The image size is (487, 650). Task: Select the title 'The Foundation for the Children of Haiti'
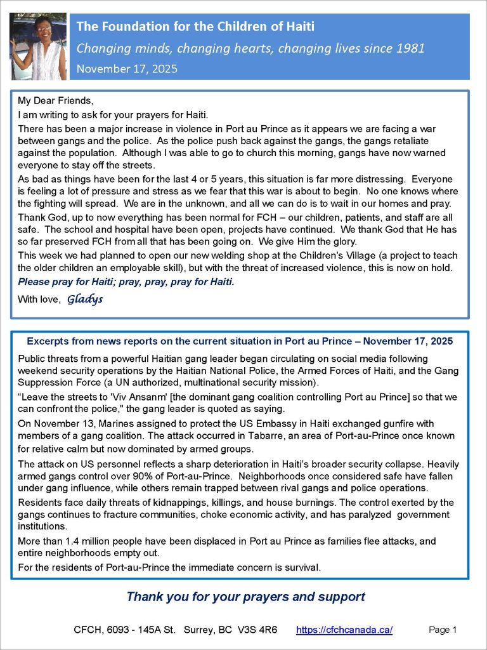pos(195,27)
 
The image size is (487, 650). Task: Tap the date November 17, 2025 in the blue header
pos(127,68)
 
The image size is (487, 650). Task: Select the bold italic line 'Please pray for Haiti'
pos(126,281)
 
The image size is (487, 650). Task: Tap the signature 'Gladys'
pos(85,300)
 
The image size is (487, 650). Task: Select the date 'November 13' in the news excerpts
pos(58,424)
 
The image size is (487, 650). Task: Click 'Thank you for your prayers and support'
pos(245,597)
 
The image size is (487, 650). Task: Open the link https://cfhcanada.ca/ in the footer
pos(344,630)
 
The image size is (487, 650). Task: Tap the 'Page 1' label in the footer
pos(443,630)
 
